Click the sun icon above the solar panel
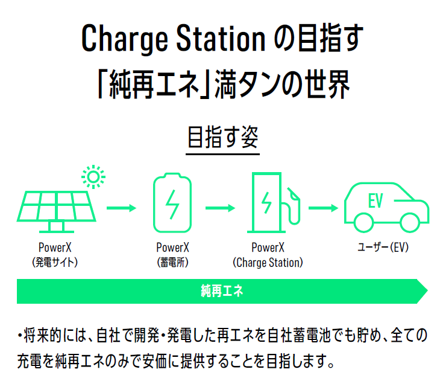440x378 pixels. (x=93, y=177)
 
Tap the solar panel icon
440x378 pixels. (x=57, y=208)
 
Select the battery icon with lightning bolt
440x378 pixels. (x=172, y=203)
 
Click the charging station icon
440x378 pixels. (x=274, y=202)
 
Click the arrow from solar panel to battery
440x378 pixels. (x=122, y=208)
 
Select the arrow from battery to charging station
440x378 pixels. (x=220, y=208)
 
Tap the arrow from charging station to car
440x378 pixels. (x=323, y=208)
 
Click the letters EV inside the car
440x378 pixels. (x=376, y=200)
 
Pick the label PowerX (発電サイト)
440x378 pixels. (x=55, y=255)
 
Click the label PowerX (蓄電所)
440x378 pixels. (x=172, y=255)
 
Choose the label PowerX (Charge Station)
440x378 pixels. (x=268, y=255)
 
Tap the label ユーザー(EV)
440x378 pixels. (x=383, y=248)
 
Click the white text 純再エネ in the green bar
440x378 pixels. (x=222, y=291)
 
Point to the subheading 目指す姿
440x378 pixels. (x=223, y=137)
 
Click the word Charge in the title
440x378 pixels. (x=125, y=39)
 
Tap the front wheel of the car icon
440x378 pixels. (x=409, y=223)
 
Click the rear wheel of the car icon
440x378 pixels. (x=363, y=223)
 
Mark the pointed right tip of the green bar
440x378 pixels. (x=428, y=291)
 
